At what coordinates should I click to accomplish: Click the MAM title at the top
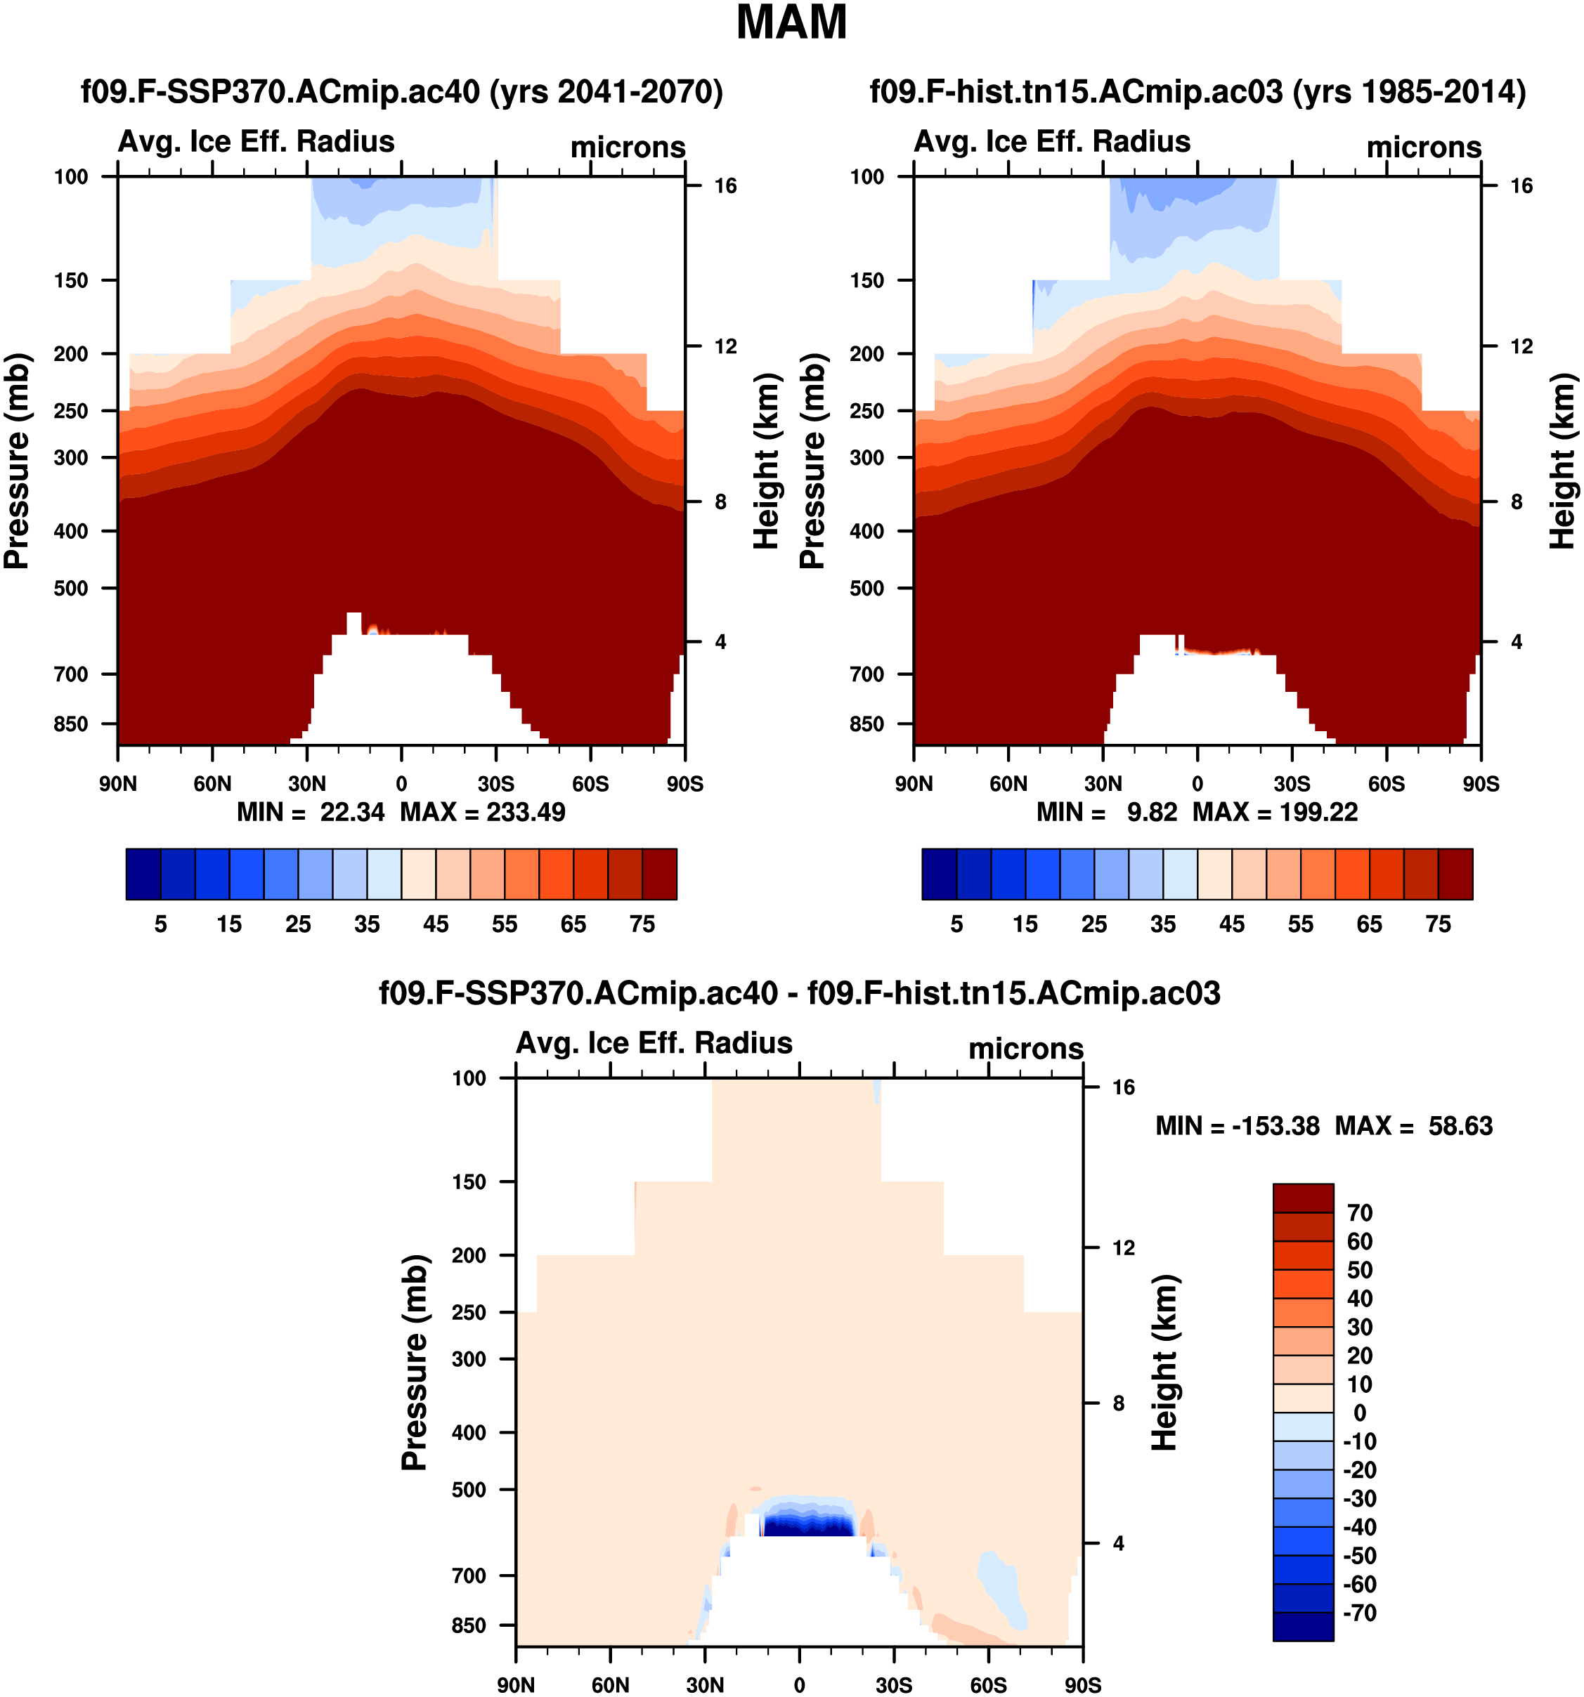click(x=791, y=23)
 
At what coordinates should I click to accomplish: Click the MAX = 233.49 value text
click(x=483, y=812)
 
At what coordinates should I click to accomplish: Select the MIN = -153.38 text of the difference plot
click(x=1238, y=1126)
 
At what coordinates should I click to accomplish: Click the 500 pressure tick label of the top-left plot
click(x=71, y=588)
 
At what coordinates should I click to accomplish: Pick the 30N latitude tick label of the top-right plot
click(x=1103, y=784)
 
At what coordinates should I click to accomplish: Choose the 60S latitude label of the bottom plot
click(x=988, y=1685)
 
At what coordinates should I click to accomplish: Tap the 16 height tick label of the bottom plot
click(x=1124, y=1087)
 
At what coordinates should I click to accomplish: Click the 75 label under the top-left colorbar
click(x=642, y=924)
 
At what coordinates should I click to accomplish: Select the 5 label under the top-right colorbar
click(x=956, y=924)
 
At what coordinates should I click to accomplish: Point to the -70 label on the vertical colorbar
click(x=1358, y=1613)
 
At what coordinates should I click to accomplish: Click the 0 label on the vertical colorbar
click(x=1359, y=1413)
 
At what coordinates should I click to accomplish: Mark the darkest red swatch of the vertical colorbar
click(x=1302, y=1198)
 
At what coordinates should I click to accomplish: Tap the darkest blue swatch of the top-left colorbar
click(x=143, y=873)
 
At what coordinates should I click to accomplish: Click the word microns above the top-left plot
click(x=628, y=148)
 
